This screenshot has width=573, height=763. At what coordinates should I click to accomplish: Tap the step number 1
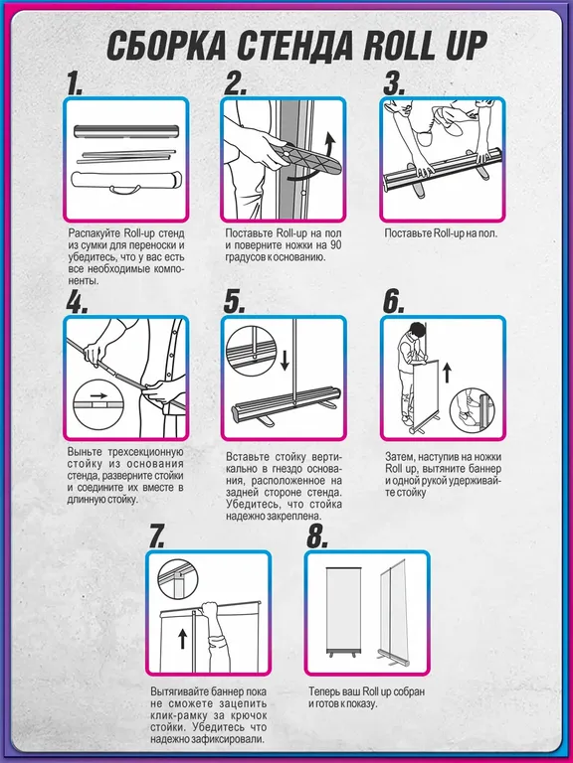click(x=75, y=83)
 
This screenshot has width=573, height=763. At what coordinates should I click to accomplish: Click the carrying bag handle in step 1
click(x=123, y=189)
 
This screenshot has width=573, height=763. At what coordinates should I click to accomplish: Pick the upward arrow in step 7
click(x=182, y=638)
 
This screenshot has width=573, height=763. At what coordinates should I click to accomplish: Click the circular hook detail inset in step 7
click(x=178, y=578)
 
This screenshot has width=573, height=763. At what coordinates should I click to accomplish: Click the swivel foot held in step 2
click(x=304, y=158)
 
